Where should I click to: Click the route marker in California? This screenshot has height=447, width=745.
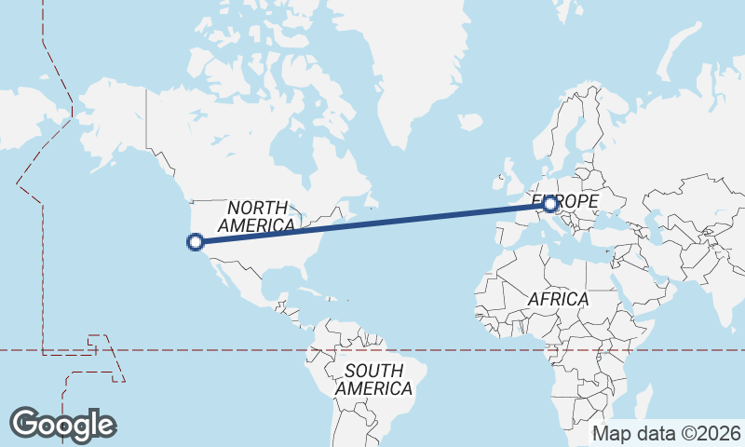[196, 242]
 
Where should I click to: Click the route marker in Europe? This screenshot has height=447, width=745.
[550, 203]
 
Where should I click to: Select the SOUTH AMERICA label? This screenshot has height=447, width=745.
[374, 379]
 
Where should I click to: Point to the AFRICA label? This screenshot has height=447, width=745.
[559, 299]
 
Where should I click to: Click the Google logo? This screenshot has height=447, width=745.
[62, 425]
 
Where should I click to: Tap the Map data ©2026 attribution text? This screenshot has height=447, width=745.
[667, 433]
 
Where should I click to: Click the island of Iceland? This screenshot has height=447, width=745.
[470, 122]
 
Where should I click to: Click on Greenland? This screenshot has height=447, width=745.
[400, 65]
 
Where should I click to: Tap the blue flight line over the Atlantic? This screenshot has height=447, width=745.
[391, 221]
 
